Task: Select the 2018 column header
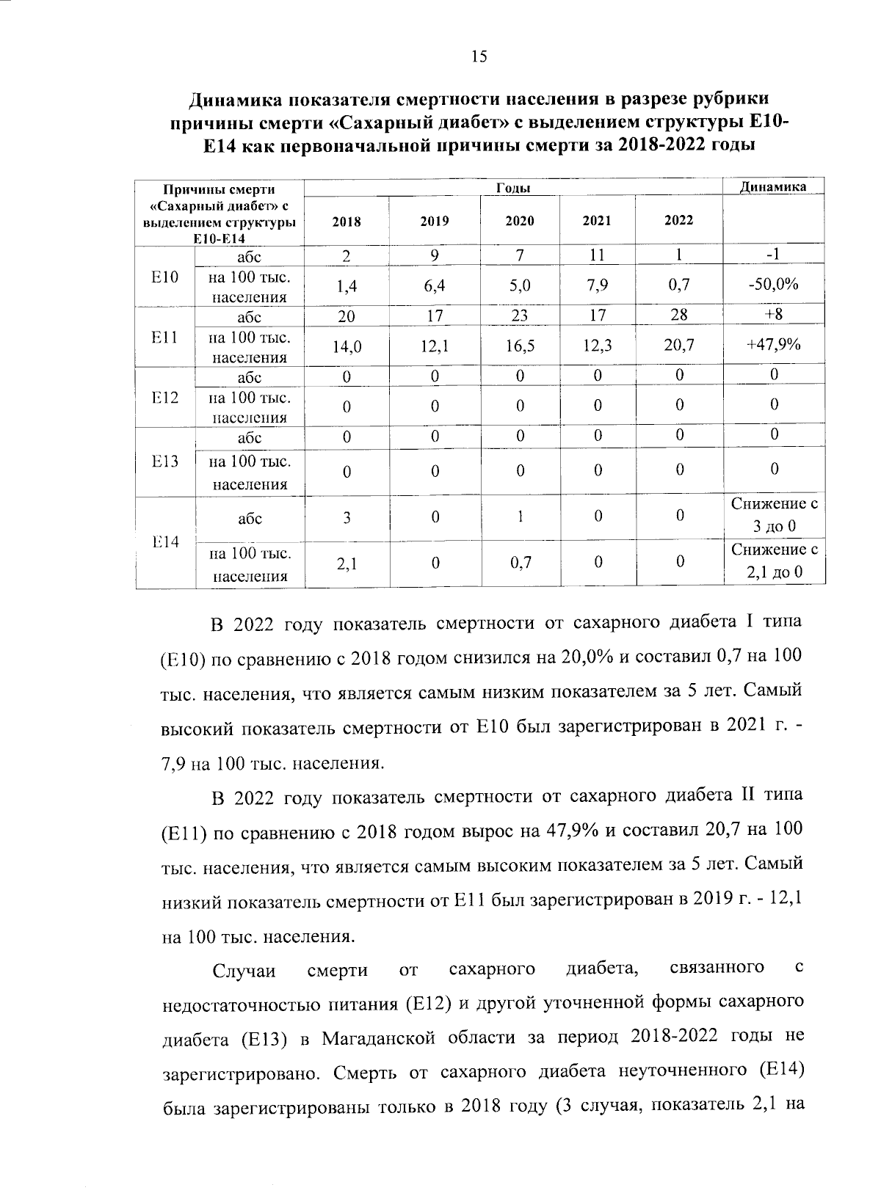[347, 221]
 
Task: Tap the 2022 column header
[678, 220]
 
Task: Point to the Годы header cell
[514, 188]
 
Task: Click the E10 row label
[165, 277]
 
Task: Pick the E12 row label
[165, 398]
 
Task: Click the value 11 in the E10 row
[598, 255]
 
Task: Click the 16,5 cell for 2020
[520, 346]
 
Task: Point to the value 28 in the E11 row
[679, 315]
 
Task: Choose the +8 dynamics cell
[774, 314]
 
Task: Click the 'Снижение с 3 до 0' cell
[774, 516]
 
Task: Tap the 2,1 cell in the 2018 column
[347, 563]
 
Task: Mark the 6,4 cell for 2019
[435, 285]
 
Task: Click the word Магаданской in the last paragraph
[371, 1037]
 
